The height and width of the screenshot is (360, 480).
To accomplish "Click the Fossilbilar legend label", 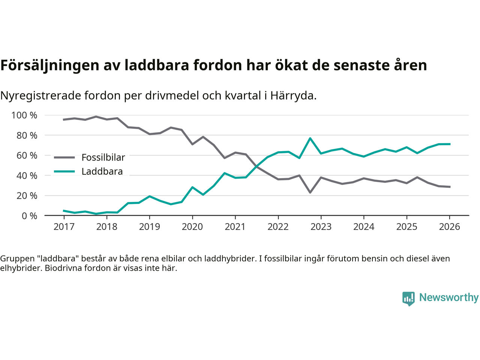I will [x=103, y=157].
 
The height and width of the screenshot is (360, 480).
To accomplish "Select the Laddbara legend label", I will [x=102, y=172].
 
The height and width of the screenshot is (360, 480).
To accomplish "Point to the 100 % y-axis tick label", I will [x=24, y=115].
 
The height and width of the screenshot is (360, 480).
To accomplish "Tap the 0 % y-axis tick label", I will [x=29, y=216].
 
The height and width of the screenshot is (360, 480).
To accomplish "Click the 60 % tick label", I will [x=27, y=156].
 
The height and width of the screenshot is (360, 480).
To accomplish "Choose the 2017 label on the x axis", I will [x=64, y=227].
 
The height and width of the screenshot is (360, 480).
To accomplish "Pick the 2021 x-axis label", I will [x=235, y=227].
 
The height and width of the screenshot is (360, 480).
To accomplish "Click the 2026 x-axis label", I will [x=449, y=227].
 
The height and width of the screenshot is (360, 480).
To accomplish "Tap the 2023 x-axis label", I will [x=321, y=227].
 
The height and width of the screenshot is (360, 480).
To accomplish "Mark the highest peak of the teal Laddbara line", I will [x=310, y=138].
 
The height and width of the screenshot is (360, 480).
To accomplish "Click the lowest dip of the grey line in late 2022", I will [x=310, y=192].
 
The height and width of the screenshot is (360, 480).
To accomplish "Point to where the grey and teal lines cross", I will [x=257, y=166].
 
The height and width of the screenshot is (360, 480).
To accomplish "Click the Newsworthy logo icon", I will [x=408, y=298].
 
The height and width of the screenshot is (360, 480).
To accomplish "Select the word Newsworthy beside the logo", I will [x=449, y=297].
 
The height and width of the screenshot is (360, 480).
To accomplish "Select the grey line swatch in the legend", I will [x=64, y=157].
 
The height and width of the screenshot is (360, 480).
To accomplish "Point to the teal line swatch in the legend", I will [x=64, y=172].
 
